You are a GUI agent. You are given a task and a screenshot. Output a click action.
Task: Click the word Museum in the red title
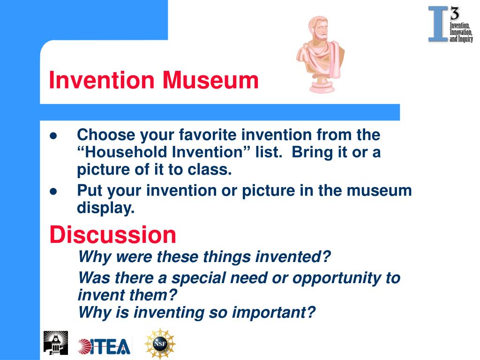210,80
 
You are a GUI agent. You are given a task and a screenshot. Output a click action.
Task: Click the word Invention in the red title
102,80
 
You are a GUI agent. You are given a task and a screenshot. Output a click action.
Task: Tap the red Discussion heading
112,235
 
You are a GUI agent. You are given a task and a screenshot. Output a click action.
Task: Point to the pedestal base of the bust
322,85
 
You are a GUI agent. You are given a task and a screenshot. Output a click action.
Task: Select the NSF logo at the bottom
160,344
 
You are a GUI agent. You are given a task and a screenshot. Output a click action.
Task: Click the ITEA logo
104,346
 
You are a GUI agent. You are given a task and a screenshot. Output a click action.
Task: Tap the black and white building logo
56,343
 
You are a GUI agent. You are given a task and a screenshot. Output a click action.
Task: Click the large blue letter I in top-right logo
438,24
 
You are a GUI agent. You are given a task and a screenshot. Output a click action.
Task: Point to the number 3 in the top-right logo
455,14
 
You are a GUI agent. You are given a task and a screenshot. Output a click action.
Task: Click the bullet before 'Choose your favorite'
53,136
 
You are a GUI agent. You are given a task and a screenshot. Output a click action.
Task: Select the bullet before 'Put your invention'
53,191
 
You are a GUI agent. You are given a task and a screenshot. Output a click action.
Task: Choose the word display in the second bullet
105,208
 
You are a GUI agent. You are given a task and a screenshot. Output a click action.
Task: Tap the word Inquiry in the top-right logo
465,39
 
